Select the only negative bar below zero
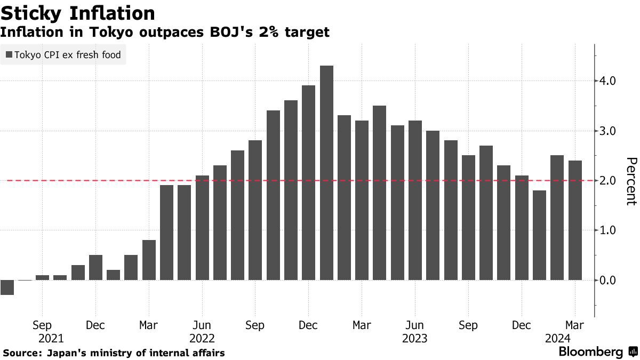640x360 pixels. coord(7,287)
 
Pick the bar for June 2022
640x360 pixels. coord(202,227)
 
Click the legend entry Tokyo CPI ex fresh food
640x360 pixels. coord(63,55)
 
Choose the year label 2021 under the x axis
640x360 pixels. coord(51,339)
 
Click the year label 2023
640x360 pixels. coord(414,339)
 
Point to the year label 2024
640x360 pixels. coord(558,339)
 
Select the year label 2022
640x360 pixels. coord(202,339)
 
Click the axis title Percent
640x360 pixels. coord(631,181)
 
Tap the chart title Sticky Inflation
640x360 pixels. coord(78,13)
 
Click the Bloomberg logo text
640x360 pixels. coord(590,352)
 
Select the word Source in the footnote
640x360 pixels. coord(22,353)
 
